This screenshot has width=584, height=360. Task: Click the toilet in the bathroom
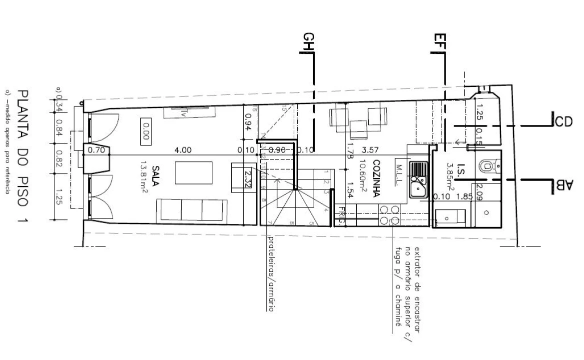point(487,165)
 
